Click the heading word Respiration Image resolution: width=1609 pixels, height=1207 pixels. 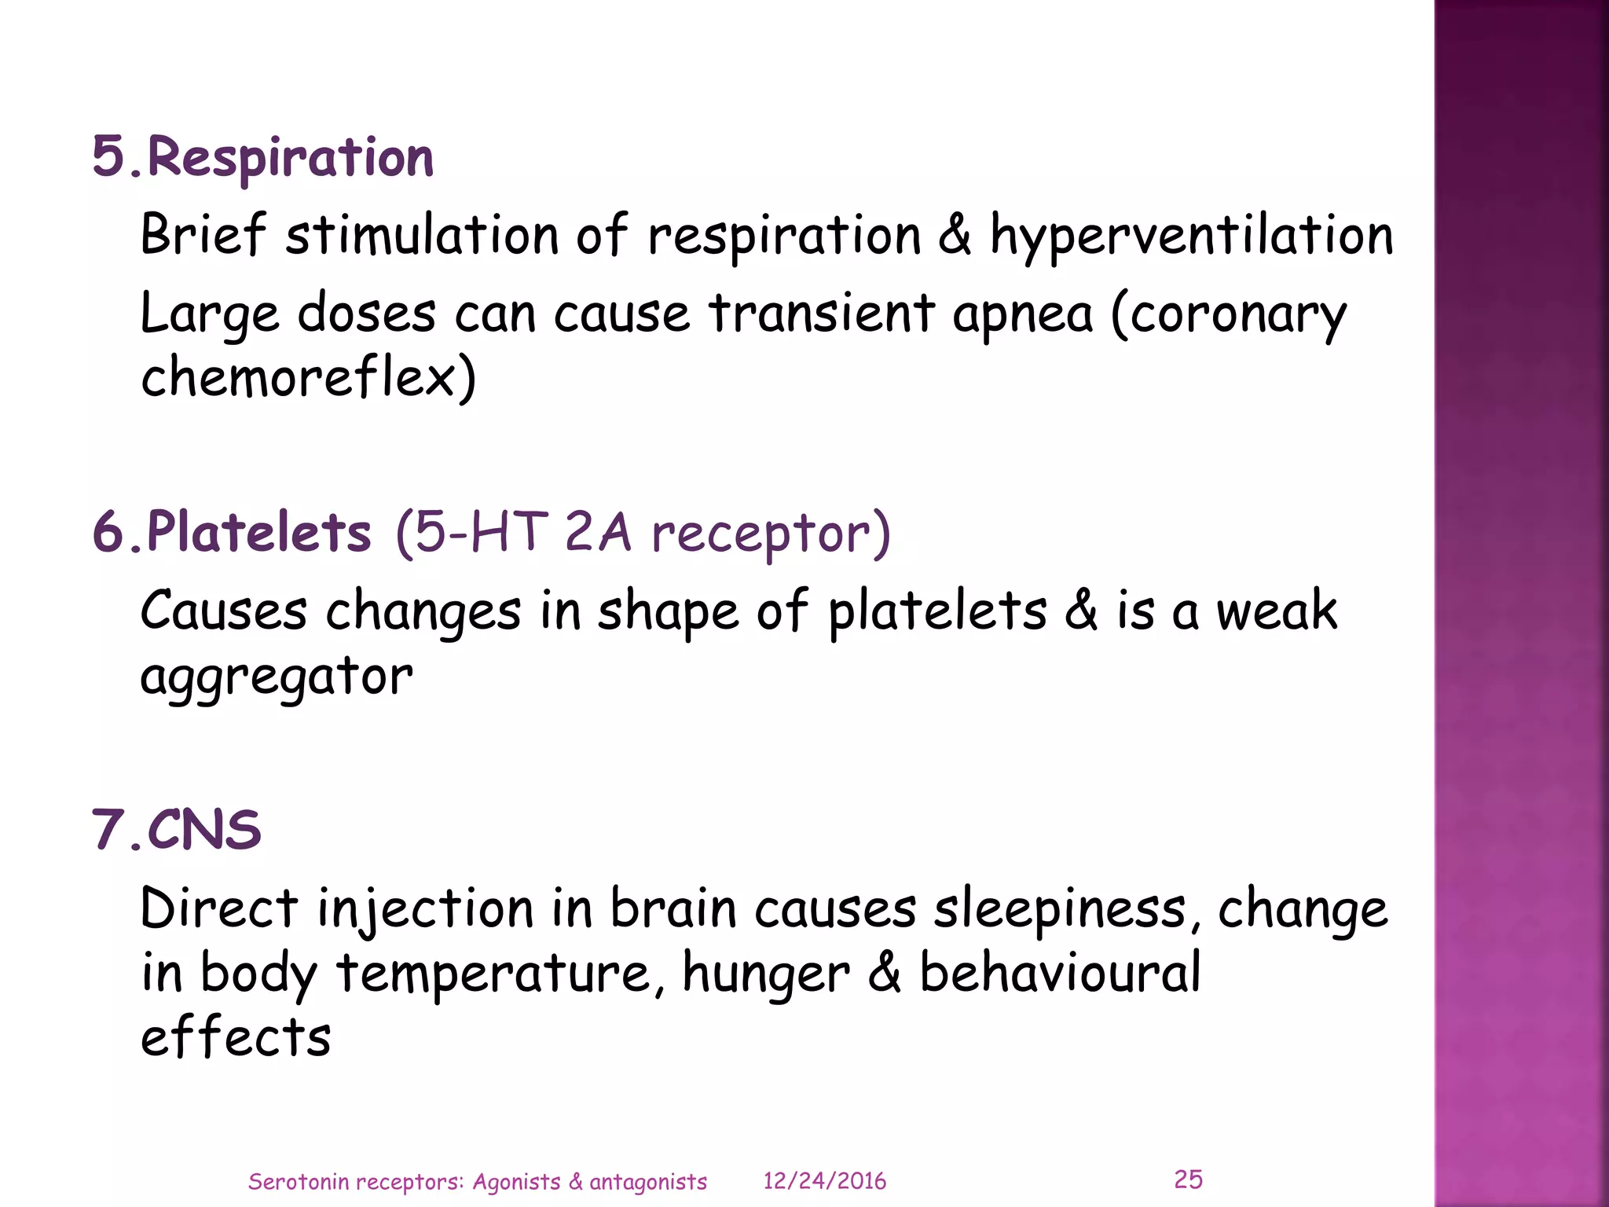point(290,158)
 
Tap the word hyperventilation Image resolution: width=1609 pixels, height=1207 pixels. point(1191,236)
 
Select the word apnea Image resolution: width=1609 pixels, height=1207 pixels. point(1022,314)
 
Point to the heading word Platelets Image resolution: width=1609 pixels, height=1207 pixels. point(258,532)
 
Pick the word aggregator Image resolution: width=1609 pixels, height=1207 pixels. point(276,677)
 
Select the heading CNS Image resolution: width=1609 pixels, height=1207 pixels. point(204,830)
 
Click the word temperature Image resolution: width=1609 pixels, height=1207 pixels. point(494,974)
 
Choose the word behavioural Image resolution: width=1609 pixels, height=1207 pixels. point(1060,973)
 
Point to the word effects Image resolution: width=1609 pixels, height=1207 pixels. point(236,1037)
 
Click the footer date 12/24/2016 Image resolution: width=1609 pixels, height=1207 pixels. point(825,1181)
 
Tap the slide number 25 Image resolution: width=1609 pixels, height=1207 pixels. point(1188,1179)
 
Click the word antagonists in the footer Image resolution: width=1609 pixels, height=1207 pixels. point(648,1181)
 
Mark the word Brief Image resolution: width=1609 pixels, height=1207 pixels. point(203,235)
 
